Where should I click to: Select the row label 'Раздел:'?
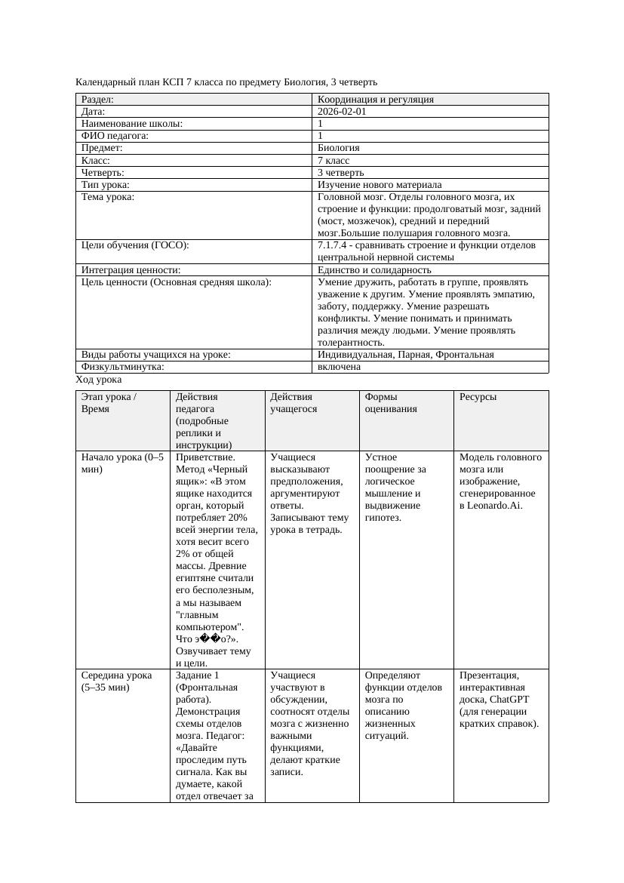pyautogui.click(x=97, y=99)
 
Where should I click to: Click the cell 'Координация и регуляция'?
pyautogui.click(x=375, y=99)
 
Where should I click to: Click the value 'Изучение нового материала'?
pyautogui.click(x=380, y=184)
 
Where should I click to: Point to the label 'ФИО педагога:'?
pyautogui.click(x=115, y=136)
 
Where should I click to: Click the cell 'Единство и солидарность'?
pyautogui.click(x=374, y=269)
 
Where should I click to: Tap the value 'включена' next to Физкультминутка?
pyautogui.click(x=339, y=367)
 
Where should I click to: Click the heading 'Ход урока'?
pyautogui.click(x=99, y=380)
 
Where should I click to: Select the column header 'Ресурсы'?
pyautogui.click(x=478, y=397)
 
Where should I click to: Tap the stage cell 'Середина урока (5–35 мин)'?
pyautogui.click(x=117, y=681)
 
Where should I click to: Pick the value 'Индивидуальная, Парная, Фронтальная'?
pyautogui.click(x=405, y=355)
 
